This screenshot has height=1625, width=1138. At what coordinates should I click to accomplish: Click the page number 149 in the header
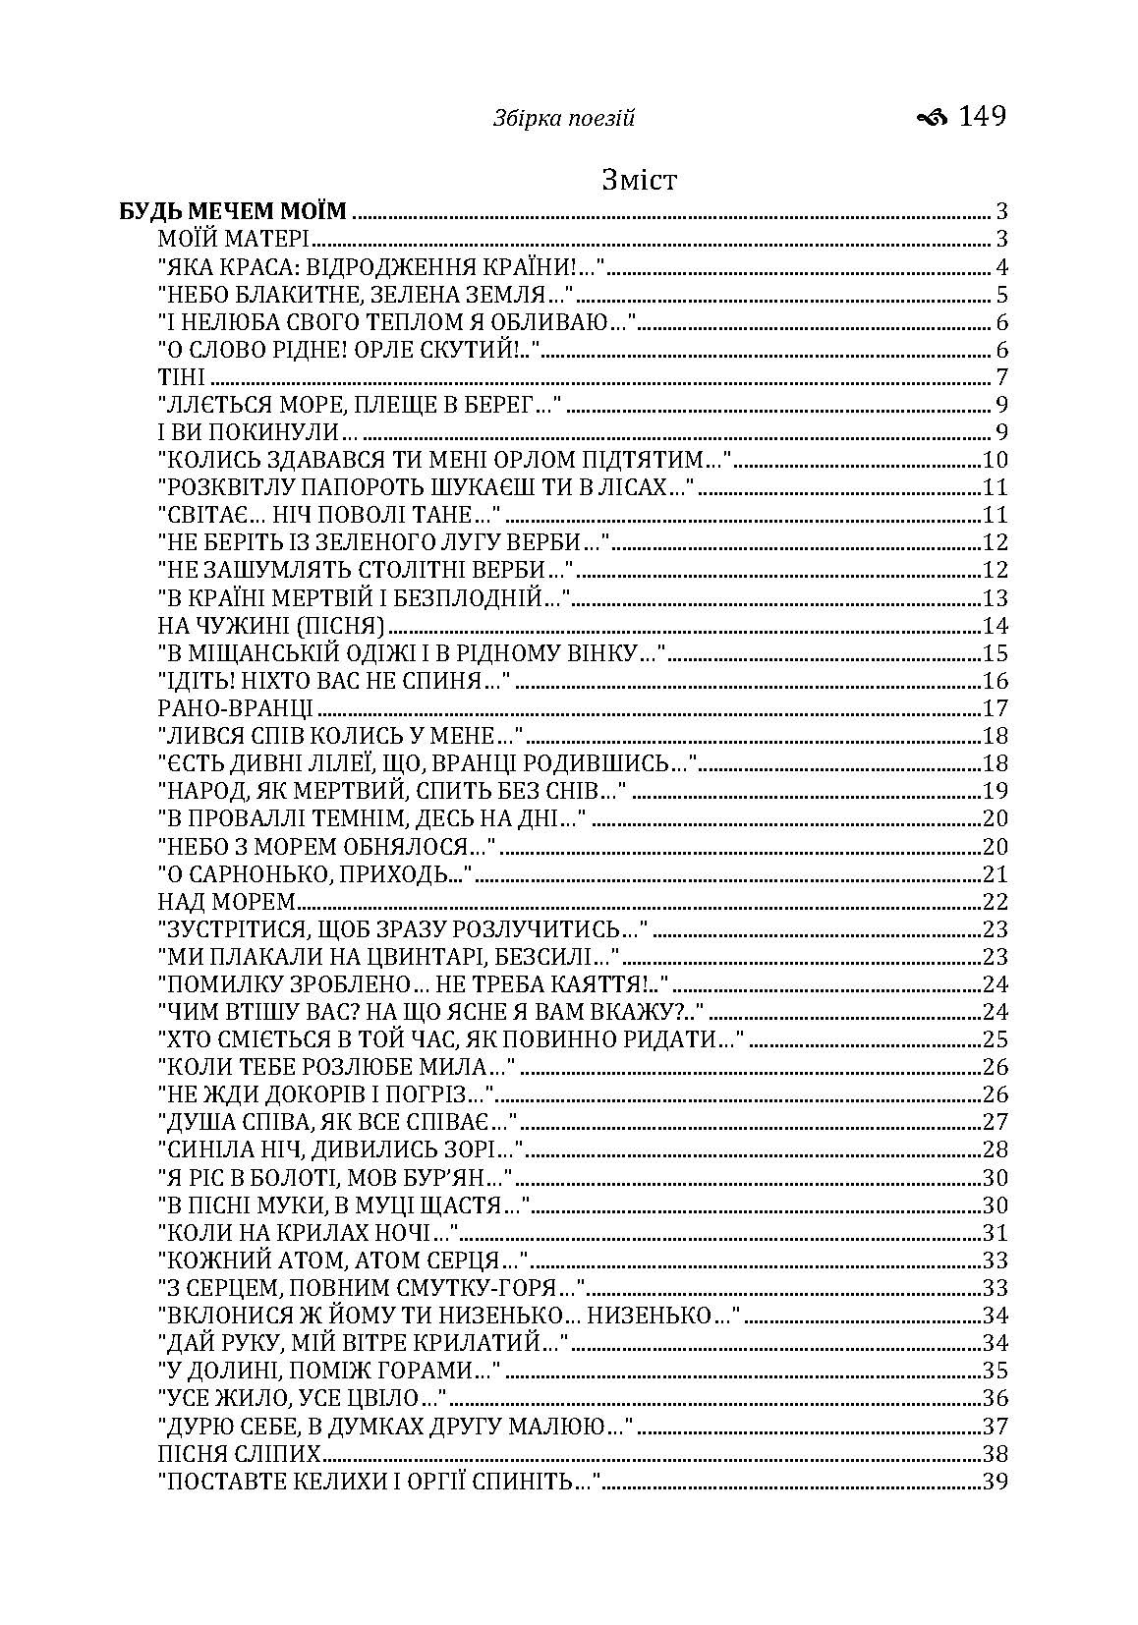pos(982,117)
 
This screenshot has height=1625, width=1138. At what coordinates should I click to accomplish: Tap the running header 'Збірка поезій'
pos(564,120)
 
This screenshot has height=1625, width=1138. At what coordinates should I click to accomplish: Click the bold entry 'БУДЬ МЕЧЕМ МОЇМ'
pos(233,211)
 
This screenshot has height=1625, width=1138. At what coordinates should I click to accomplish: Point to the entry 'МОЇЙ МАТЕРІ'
pos(234,239)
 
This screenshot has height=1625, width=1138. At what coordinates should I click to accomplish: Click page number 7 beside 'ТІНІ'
pos(1002,377)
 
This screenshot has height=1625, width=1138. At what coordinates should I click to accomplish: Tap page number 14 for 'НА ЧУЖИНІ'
pos(996,626)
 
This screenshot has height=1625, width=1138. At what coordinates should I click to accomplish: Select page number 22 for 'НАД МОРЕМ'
pos(996,902)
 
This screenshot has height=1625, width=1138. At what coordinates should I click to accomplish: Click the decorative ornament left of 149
pos(931,118)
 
